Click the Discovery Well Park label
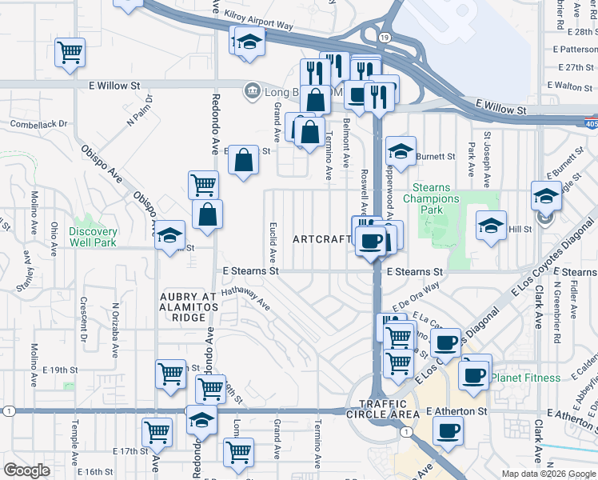(x=93, y=237)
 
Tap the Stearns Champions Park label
(x=431, y=198)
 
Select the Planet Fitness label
(x=525, y=378)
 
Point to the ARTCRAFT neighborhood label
(x=321, y=239)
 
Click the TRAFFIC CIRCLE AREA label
(x=389, y=409)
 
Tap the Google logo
(x=27, y=470)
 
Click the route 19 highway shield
(x=385, y=38)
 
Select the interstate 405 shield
(x=590, y=123)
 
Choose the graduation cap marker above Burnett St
(x=401, y=150)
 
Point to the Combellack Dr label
(x=38, y=125)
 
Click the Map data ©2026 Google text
(x=549, y=474)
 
